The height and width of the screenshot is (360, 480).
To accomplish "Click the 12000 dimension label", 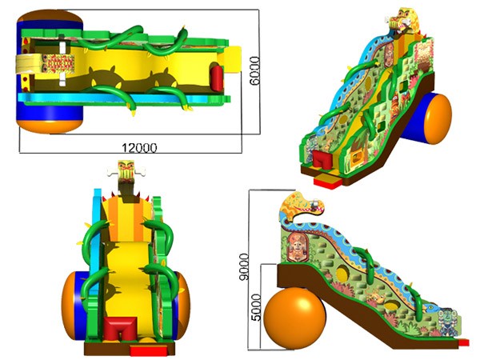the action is (139, 148).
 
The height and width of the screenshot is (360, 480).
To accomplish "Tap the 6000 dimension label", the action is (254, 70).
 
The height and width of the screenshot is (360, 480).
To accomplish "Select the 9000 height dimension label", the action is (244, 266).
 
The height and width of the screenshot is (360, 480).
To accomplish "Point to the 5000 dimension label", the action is (256, 307).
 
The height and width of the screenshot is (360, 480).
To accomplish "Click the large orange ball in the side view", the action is (294, 318).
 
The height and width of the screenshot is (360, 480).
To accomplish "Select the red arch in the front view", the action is (121, 328).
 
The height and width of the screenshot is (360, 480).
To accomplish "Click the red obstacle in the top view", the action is (217, 78).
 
